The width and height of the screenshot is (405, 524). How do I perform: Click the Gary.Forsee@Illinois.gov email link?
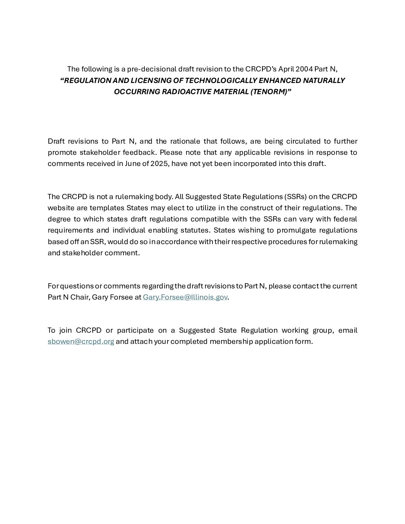[x=185, y=297]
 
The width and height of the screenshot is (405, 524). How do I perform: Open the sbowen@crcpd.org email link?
[x=81, y=341]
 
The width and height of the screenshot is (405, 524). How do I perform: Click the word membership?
[x=231, y=341]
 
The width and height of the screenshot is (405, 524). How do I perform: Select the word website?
[x=61, y=208]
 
